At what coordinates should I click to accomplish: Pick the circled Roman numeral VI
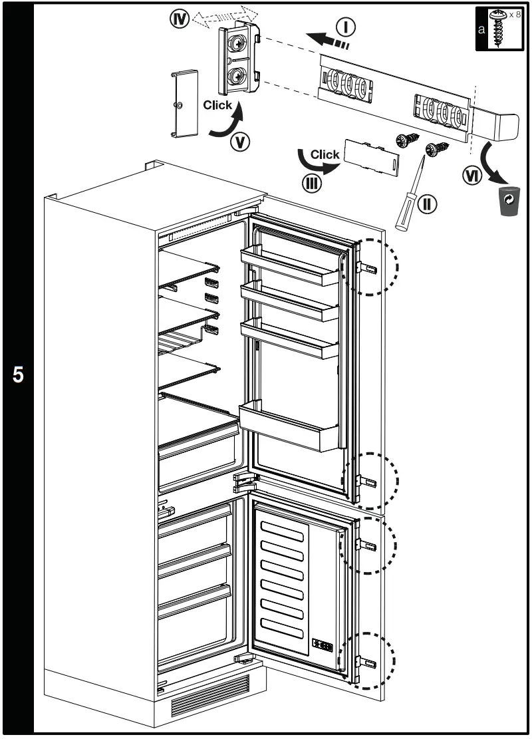click(473, 174)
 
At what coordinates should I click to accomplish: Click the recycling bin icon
click(508, 202)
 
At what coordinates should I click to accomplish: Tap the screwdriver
click(409, 193)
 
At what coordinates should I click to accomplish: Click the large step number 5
click(18, 374)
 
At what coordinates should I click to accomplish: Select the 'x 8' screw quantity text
click(515, 15)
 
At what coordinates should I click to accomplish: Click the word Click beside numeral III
click(325, 154)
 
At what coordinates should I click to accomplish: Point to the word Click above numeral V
click(217, 105)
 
